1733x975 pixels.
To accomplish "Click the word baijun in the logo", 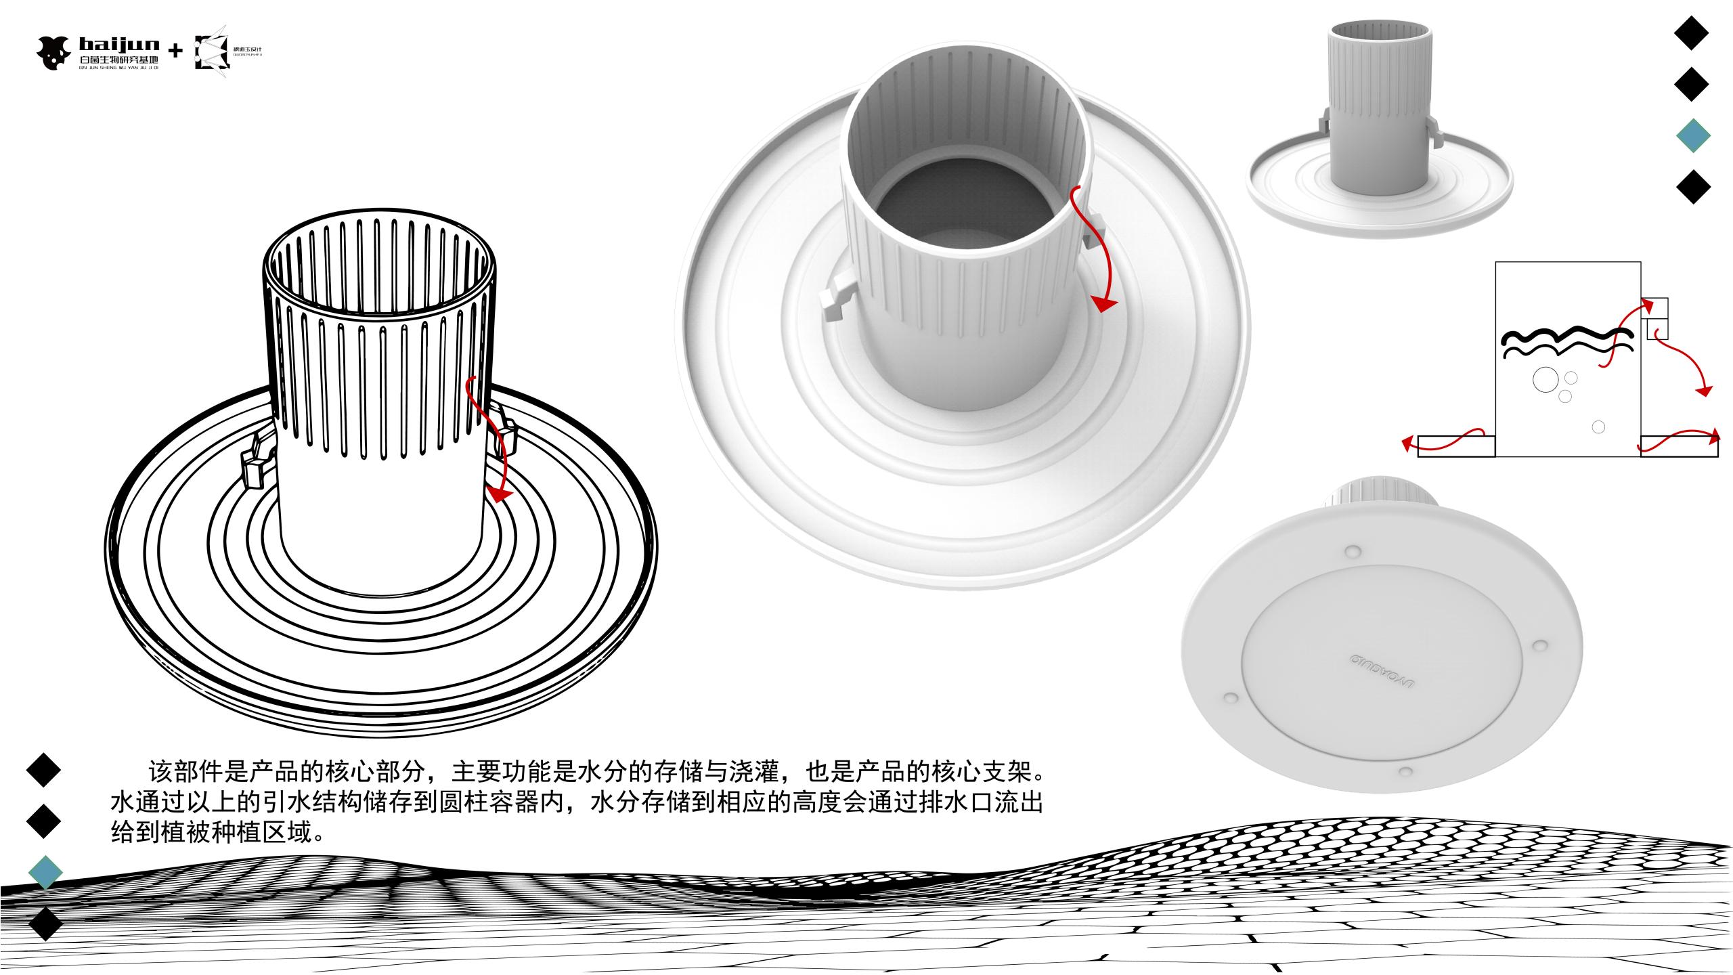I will click(119, 45).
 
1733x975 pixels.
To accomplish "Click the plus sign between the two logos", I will click(175, 51).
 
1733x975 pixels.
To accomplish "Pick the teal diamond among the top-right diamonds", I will click(1693, 136).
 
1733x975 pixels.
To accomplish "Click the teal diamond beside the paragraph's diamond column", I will click(45, 872).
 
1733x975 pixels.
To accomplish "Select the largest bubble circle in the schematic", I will click(1545, 380).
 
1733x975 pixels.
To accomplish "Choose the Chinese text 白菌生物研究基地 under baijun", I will click(118, 61).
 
